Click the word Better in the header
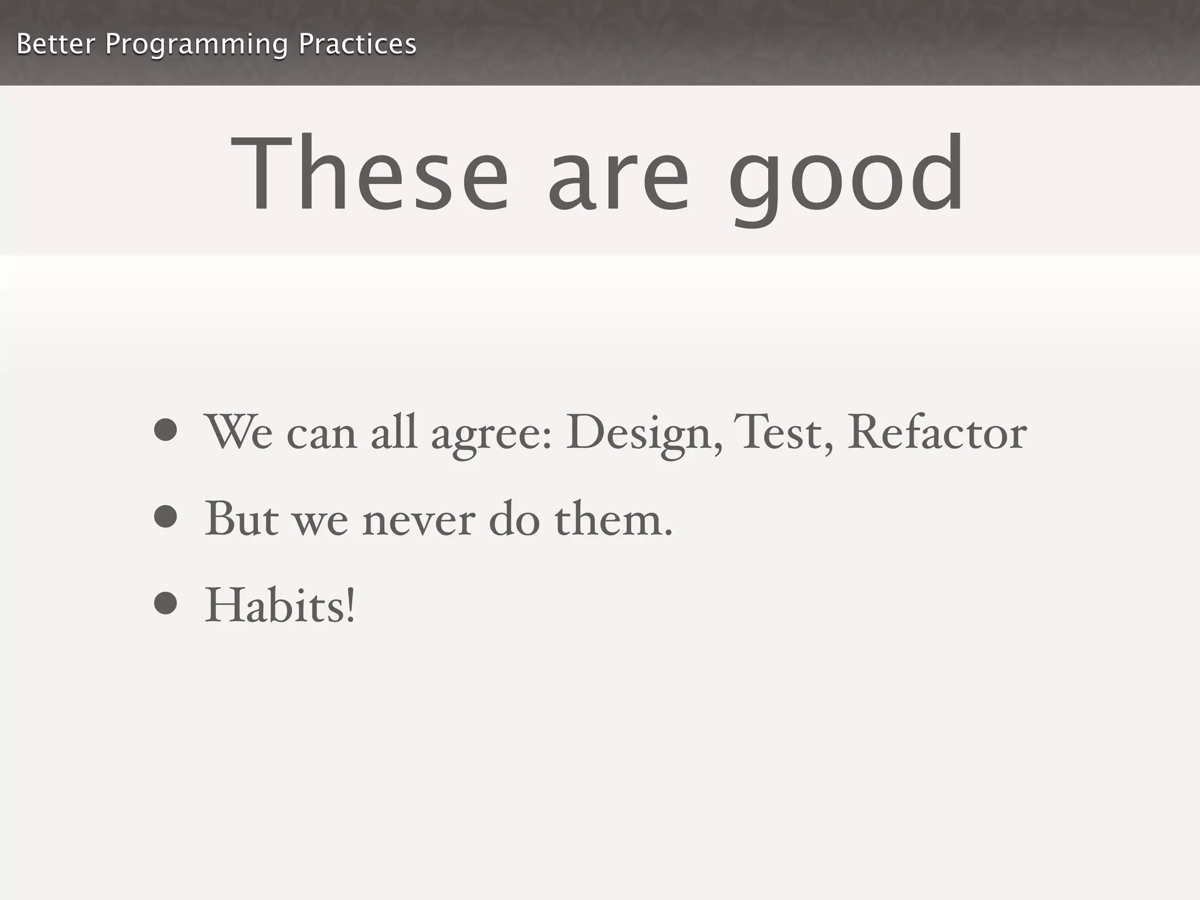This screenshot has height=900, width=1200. coord(56,44)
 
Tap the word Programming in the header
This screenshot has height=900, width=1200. coord(196,45)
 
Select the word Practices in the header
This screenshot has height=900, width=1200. coord(357,44)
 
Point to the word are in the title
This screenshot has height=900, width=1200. coord(618,182)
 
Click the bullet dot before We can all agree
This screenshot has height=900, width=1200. coord(166,429)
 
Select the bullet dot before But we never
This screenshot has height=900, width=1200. coord(166,516)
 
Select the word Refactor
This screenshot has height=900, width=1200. coord(937,432)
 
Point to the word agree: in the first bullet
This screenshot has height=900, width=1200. coord(492,437)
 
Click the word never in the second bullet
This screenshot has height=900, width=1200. coord(418,520)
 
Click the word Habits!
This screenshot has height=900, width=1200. coord(280,605)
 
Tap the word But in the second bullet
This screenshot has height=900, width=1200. coord(241,519)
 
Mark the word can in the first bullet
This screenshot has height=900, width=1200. coord(321,437)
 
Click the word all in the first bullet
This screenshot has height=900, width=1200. coord(394,432)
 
